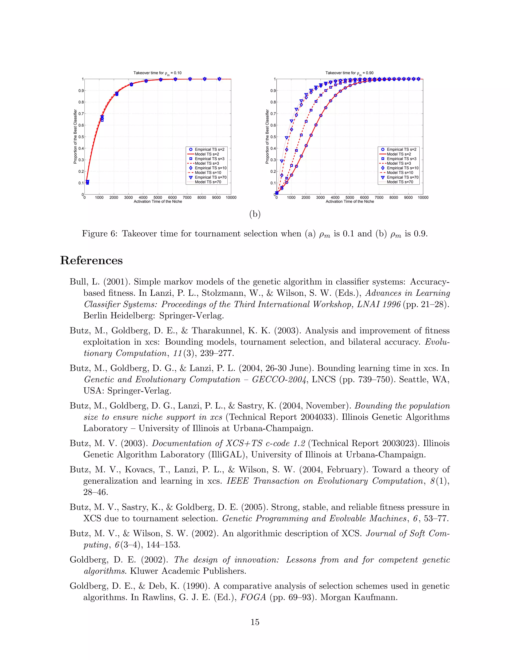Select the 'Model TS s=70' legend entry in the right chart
point(400,182)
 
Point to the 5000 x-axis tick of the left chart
point(158,198)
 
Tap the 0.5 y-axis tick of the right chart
point(273,137)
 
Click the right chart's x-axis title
point(350,201)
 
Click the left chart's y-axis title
point(75,136)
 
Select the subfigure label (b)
point(255,214)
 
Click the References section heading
point(91,261)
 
